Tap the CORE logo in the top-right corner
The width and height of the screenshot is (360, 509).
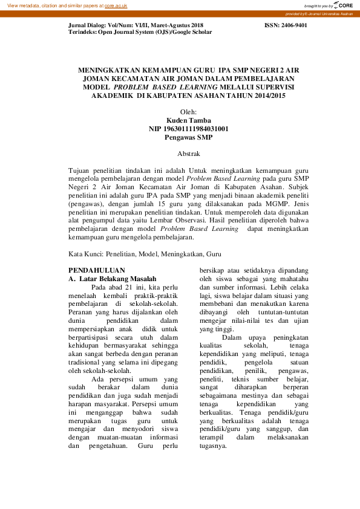click(342, 5)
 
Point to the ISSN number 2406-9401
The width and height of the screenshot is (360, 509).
click(286, 26)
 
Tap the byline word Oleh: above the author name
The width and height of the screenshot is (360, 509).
click(189, 112)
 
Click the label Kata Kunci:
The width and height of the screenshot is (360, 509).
click(85, 255)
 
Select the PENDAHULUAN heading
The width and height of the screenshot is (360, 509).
click(97, 270)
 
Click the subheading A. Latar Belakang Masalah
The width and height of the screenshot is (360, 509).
click(112, 279)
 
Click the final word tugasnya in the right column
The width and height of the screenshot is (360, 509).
click(213, 446)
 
